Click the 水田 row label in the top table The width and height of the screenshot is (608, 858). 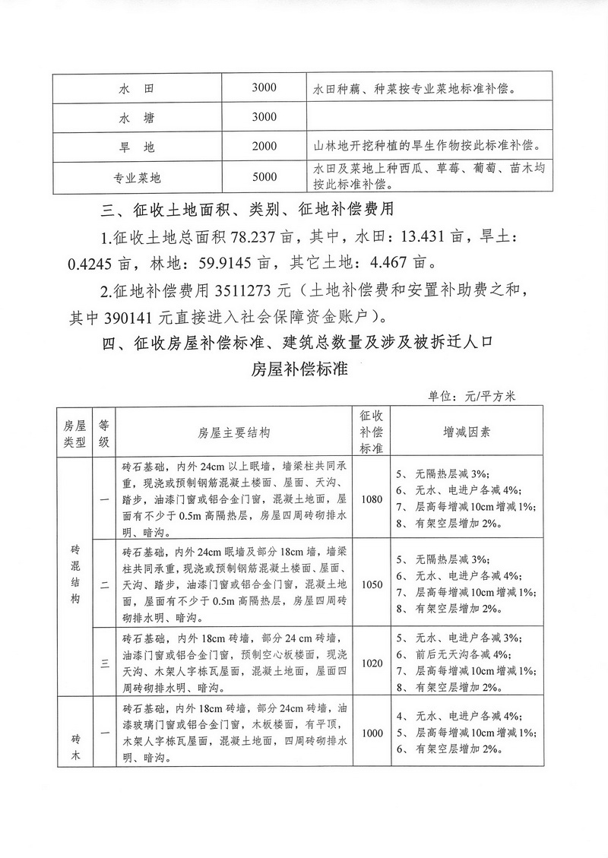coord(137,89)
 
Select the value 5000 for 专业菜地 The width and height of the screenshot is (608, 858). coord(264,177)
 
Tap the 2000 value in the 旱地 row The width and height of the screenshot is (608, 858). coord(264,146)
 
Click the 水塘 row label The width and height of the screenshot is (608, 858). coord(137,118)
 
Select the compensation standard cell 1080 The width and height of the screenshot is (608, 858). coord(372,501)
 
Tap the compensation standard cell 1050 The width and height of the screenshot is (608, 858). coord(372,584)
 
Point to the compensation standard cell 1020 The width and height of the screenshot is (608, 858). coord(372,663)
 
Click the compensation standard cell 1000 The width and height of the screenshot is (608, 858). coord(372,733)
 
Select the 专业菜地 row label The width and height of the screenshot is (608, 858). coord(137,178)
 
